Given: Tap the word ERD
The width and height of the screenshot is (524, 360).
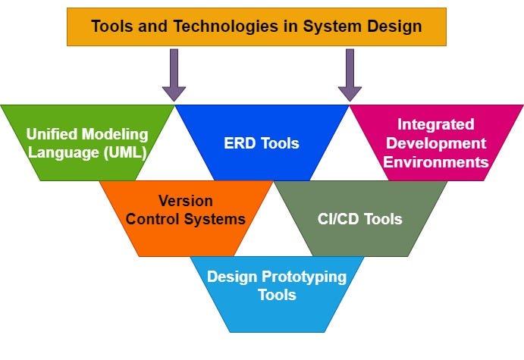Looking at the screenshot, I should (x=240, y=142).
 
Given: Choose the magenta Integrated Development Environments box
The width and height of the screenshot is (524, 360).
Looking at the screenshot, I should (x=435, y=142).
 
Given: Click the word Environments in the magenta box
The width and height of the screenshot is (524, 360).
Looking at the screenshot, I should (x=435, y=161).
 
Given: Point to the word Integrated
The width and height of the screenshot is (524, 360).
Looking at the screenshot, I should (x=435, y=124).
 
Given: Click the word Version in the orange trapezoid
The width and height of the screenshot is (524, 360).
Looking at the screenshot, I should (x=185, y=201).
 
